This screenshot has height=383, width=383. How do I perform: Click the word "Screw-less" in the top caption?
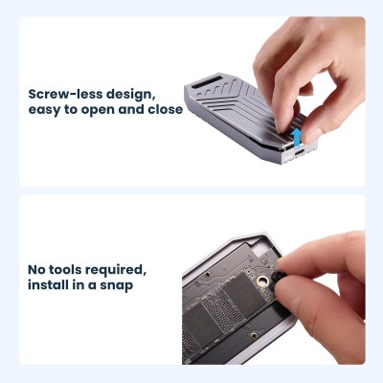(65, 95)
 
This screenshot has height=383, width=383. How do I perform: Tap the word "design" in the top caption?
(130, 95)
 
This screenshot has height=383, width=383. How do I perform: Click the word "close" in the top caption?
(166, 109)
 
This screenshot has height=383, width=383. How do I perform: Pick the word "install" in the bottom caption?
(48, 284)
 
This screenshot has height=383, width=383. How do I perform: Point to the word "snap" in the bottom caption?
(116, 285)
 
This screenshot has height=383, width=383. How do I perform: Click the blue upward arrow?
(297, 137)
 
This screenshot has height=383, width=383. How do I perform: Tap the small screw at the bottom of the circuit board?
(254, 335)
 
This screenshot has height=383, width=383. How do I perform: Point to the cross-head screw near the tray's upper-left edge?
(208, 275)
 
